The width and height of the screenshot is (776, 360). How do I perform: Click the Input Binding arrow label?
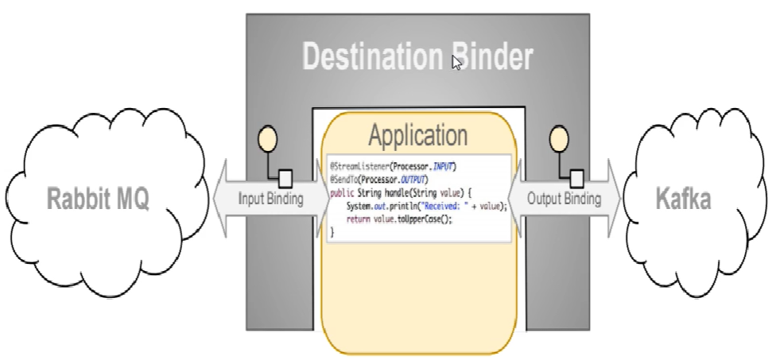270,199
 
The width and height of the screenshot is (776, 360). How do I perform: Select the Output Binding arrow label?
566,199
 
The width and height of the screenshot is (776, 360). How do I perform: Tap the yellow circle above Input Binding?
268,141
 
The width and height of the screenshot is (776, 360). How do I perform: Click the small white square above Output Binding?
577,176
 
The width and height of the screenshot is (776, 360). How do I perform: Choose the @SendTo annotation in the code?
347,180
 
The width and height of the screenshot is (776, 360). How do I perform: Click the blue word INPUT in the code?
443,167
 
